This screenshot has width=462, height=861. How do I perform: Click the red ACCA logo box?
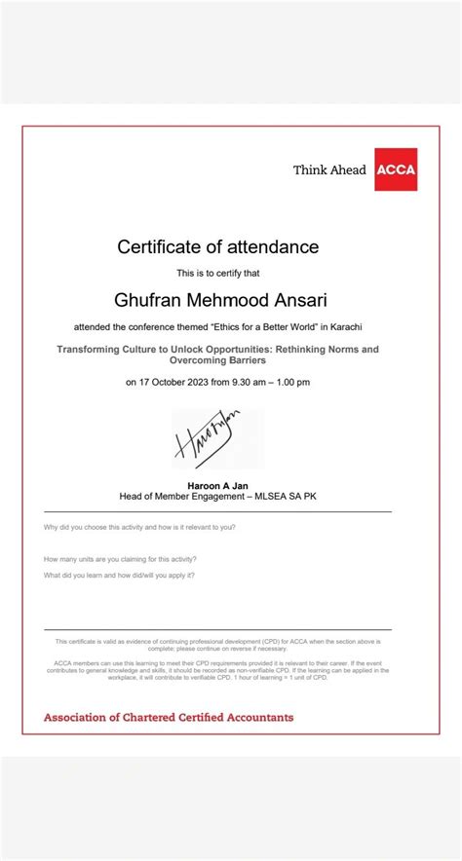click(x=396, y=169)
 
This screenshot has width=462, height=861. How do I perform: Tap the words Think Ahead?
click(x=329, y=170)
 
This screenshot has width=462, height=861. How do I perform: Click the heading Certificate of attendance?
click(x=218, y=246)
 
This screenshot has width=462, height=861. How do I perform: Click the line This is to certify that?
click(x=218, y=273)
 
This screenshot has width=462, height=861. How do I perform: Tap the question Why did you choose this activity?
click(x=139, y=527)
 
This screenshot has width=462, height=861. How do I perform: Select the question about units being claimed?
click(x=120, y=559)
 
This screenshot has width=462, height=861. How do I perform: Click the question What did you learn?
click(x=120, y=575)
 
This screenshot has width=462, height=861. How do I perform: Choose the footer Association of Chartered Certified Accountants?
click(x=169, y=717)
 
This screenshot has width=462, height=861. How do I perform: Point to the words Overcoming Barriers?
click(x=218, y=359)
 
